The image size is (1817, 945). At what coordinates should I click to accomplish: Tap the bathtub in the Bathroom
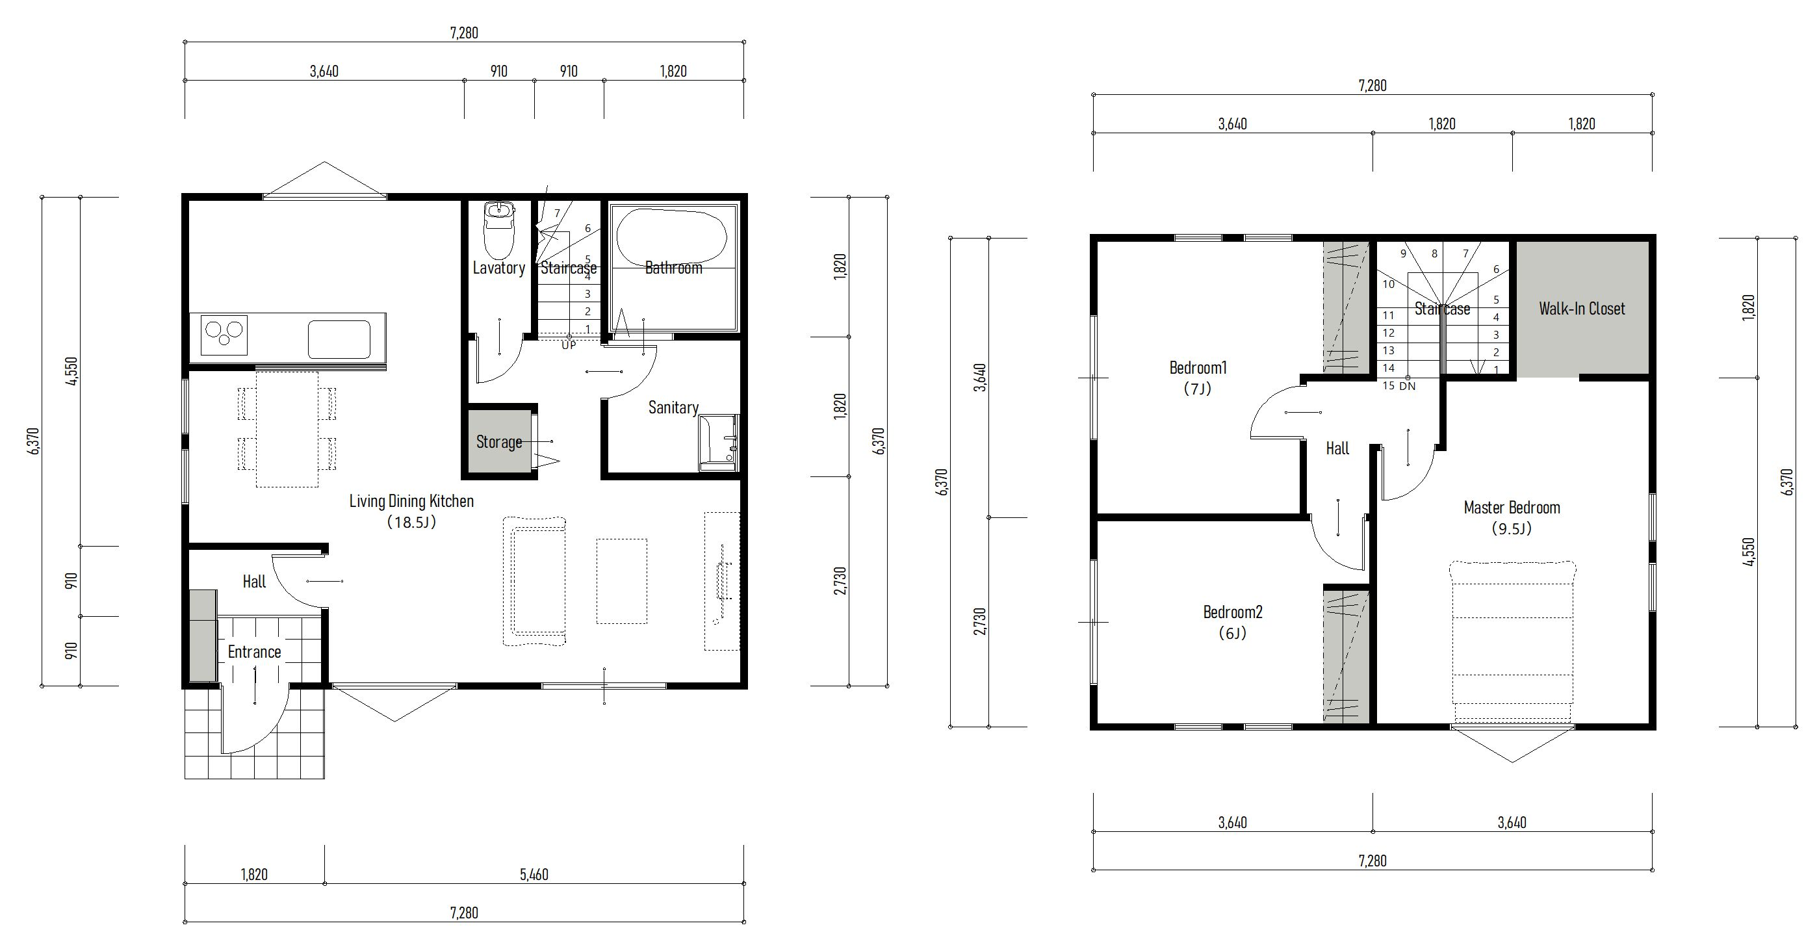[671, 238]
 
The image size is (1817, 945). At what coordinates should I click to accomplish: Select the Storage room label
[498, 442]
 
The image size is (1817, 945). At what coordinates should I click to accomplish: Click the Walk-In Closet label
[1582, 309]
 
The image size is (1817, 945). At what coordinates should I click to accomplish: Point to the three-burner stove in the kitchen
[224, 334]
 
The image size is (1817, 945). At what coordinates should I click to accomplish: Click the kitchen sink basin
[339, 339]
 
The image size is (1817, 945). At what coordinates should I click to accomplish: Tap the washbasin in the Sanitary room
[718, 442]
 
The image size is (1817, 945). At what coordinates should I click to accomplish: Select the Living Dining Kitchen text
[412, 501]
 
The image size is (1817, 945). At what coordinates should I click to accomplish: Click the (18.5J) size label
[412, 523]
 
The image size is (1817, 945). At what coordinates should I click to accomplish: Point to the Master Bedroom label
[1512, 508]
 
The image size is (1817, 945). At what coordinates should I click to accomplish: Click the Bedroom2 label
[1233, 612]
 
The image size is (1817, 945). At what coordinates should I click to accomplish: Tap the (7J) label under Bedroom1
[1198, 389]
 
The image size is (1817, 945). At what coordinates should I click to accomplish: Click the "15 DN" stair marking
[1398, 386]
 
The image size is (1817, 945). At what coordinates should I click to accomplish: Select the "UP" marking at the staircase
[569, 346]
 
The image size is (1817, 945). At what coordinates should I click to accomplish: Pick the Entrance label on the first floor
[255, 653]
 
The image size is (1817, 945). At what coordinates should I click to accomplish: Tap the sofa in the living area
[535, 582]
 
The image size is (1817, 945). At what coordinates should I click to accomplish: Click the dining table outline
[287, 429]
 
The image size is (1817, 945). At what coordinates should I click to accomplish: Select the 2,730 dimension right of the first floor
[840, 581]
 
